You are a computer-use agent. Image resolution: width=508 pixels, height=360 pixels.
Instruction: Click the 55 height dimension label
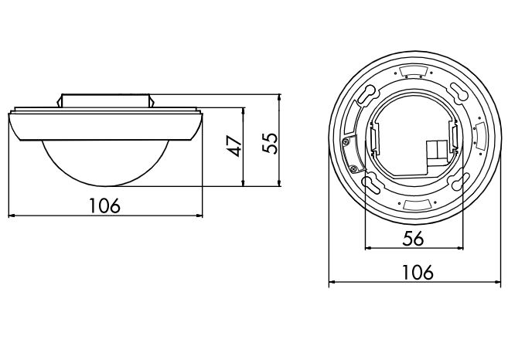271,143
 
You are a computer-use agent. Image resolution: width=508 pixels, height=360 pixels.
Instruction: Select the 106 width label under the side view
104,205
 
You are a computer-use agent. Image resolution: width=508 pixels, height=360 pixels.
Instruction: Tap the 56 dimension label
414,239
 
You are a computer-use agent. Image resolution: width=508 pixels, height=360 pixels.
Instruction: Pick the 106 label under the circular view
418,272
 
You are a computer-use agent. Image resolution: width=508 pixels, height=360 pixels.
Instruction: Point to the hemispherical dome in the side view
105,163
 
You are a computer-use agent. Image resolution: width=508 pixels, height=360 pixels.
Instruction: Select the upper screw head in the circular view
346,141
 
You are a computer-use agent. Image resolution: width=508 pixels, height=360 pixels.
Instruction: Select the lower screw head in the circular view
353,168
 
